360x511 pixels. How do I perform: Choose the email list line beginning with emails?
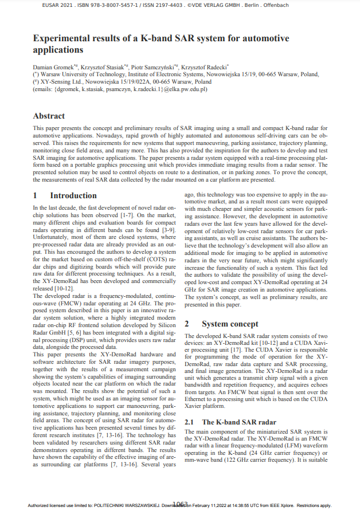120,89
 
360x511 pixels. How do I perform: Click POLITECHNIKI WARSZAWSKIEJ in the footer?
123,505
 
